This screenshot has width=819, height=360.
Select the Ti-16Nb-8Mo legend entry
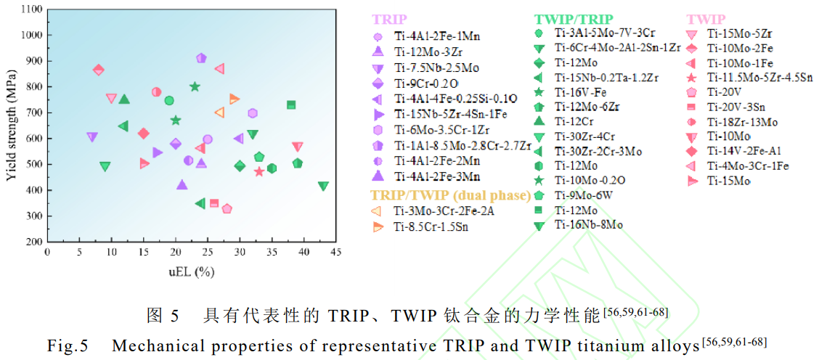598,224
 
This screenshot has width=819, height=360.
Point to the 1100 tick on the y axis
30,9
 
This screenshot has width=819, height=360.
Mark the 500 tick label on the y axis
32,164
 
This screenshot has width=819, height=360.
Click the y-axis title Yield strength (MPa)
11,125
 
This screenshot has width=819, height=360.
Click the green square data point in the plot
291,105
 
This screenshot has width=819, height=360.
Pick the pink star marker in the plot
259,171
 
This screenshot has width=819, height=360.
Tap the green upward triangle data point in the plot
124,99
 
